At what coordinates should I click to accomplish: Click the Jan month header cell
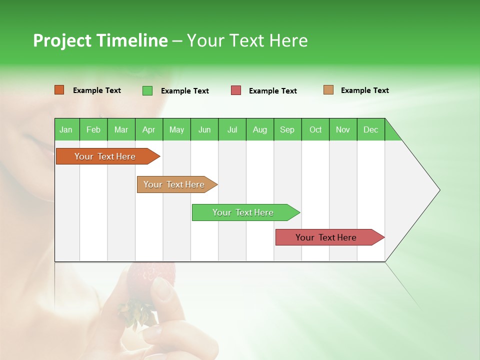pos(66,129)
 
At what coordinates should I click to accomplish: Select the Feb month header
pos(93,129)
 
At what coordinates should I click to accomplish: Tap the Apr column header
pos(149,129)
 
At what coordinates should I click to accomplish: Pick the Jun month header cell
pos(204,129)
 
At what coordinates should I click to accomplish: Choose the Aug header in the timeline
pos(260,129)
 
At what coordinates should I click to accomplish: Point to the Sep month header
pos(287,129)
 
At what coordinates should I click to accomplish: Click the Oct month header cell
pos(315,129)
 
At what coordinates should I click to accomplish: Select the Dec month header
pos(371,129)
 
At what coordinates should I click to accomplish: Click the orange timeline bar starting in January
pos(105,156)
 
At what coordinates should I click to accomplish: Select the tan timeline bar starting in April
pos(174,184)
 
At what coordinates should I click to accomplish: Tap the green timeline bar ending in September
pos(243,212)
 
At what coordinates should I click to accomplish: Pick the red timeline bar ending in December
pos(326,237)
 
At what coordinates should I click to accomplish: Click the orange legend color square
pos(59,90)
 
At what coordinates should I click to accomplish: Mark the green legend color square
pos(147,90)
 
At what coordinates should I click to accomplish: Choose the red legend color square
pos(236,90)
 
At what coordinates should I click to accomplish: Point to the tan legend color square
pos(328,90)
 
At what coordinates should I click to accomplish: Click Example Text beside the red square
pos(273,91)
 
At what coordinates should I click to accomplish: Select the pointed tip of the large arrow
pos(438,190)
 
